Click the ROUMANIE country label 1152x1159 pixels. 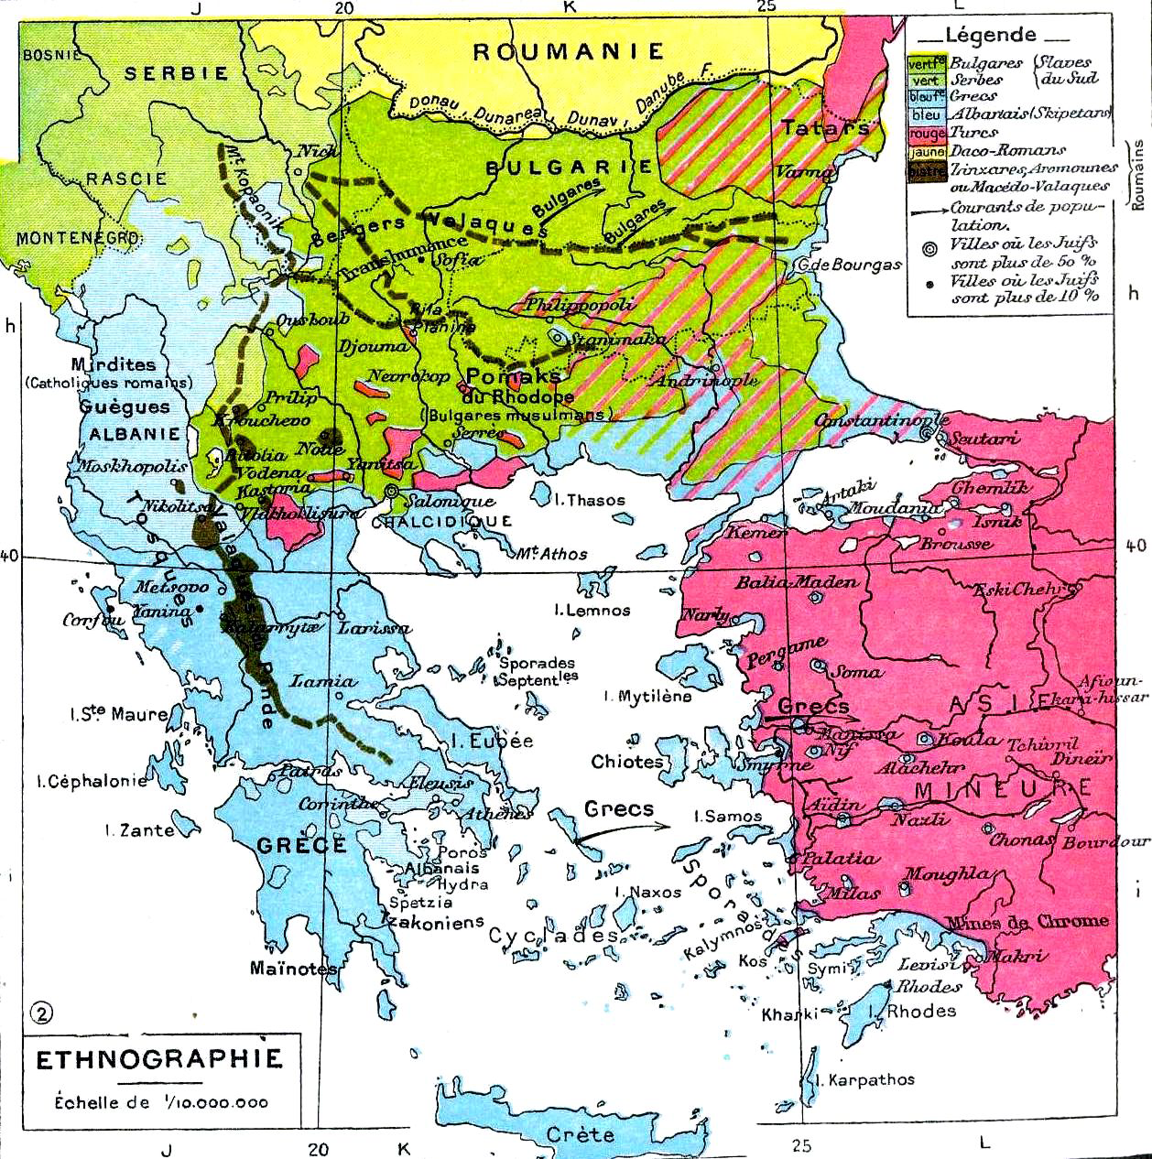click(568, 52)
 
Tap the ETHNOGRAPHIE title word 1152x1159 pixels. click(158, 1059)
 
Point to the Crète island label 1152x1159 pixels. click(580, 1134)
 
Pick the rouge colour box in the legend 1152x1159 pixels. click(927, 133)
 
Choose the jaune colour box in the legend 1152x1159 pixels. click(927, 151)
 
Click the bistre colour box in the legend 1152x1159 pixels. click(927, 170)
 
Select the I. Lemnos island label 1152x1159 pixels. click(592, 610)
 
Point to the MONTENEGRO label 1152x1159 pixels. click(78, 237)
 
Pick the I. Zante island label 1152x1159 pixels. click(139, 830)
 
